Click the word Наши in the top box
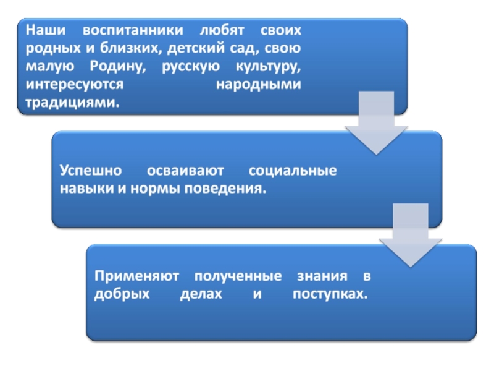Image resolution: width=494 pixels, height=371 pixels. (x=41, y=30)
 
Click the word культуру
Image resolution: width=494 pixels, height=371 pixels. (x=267, y=66)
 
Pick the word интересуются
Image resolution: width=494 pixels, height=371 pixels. (x=73, y=84)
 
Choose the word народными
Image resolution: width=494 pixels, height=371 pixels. (x=259, y=84)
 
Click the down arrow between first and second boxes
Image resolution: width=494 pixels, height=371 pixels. (x=376, y=124)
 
